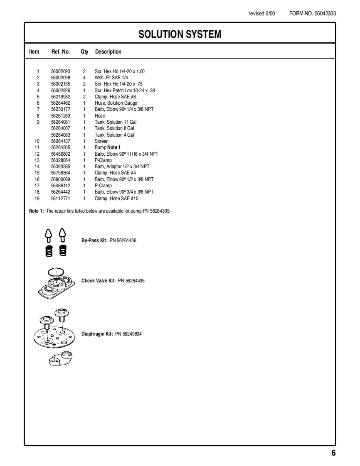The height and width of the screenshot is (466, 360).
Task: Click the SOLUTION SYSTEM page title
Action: coord(180,34)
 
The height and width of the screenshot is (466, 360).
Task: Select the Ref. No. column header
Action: coord(61,52)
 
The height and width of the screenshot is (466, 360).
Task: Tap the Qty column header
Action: coord(84,52)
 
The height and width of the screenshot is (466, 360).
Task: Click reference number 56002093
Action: coord(61,71)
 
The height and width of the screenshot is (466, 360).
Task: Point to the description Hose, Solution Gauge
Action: coord(116,103)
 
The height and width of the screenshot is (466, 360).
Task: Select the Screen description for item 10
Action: coord(101,141)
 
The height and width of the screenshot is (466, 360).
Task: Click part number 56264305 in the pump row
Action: coord(61,147)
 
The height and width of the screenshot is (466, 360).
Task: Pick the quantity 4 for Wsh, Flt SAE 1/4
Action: coord(84,78)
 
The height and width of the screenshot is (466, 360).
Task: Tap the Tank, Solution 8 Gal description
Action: coord(114,128)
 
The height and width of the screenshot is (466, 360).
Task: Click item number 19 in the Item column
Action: coord(37,199)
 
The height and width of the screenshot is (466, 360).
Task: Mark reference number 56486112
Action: coord(61,186)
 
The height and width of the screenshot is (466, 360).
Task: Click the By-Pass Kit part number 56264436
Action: coord(123,240)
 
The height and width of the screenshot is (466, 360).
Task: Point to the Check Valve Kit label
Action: coord(99,281)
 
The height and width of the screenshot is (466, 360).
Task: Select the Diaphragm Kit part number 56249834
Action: coord(128,334)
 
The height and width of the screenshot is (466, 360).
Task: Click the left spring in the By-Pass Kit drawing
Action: coord(49,250)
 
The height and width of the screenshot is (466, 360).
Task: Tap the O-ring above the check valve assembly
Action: coord(56,271)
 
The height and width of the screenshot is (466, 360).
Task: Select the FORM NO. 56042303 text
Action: coord(313,13)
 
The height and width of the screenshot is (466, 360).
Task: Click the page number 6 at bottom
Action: coord(333,453)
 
